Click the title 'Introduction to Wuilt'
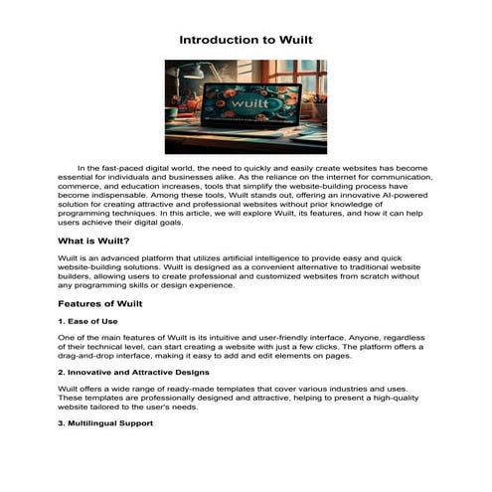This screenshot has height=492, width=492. (x=246, y=41)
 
